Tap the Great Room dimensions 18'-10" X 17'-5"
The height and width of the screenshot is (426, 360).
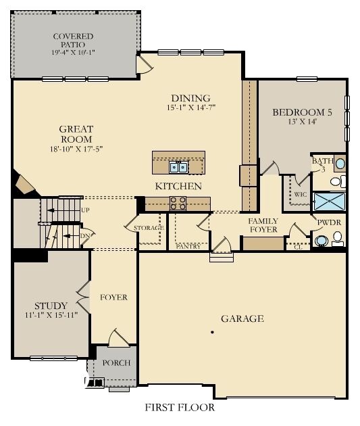[76, 149]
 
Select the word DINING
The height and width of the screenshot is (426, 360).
[191, 98]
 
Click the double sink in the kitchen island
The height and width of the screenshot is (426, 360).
[178, 166]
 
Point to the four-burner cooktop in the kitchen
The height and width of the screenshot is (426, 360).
[178, 202]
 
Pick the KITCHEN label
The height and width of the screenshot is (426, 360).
[178, 186]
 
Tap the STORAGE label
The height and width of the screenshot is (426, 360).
[149, 228]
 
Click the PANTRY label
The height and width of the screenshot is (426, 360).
[188, 246]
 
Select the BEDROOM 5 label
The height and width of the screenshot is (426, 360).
[302, 113]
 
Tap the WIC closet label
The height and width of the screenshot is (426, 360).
[301, 194]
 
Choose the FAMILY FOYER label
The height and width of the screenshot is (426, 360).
[263, 226]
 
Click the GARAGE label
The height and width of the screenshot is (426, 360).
[242, 318]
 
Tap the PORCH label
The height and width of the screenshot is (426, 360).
[116, 363]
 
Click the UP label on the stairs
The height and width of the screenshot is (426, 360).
[85, 210]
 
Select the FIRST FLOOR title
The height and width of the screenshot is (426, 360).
[180, 408]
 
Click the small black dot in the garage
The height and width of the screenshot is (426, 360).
[212, 332]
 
